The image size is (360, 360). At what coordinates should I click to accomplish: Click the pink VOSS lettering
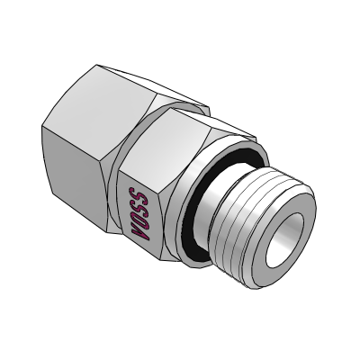139,213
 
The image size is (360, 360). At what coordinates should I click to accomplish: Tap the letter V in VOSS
140,234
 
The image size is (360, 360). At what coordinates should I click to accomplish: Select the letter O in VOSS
139,220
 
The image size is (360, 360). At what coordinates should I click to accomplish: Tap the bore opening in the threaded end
284,240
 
